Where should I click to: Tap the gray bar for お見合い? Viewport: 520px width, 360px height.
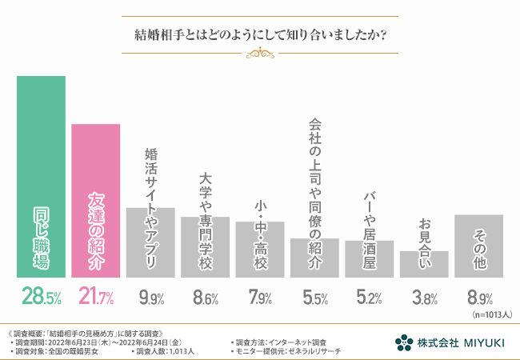pyautogui.click(x=424, y=264)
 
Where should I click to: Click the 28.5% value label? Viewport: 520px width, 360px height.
pyautogui.click(x=41, y=298)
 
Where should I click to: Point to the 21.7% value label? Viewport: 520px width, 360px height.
pyautogui.click(x=96, y=298)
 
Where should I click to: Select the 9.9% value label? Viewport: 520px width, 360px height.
pyautogui.click(x=150, y=299)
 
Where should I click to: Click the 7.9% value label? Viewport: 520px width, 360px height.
pyautogui.click(x=260, y=299)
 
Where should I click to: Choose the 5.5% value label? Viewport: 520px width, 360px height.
pyautogui.click(x=314, y=299)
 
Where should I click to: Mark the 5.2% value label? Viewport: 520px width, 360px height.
pyautogui.click(x=369, y=299)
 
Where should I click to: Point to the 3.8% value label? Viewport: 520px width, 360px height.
pyautogui.click(x=424, y=299)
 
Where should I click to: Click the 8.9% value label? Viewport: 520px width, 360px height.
pyautogui.click(x=478, y=299)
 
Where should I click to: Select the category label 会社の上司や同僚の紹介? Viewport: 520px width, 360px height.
pyautogui.click(x=314, y=192)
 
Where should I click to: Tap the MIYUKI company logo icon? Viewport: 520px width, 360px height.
pyautogui.click(x=405, y=342)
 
